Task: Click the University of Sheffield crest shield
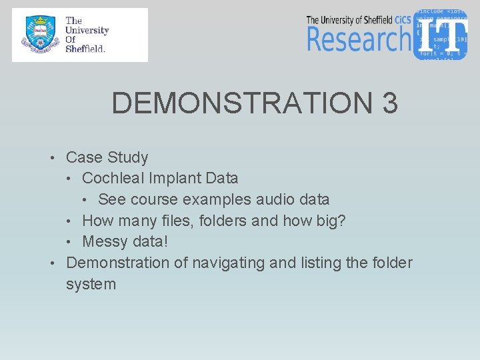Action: pyautogui.click(x=39, y=35)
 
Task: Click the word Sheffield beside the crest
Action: pyautogui.click(x=85, y=49)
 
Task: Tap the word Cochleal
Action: pyautogui.click(x=113, y=179)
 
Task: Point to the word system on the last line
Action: pyautogui.click(x=91, y=284)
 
